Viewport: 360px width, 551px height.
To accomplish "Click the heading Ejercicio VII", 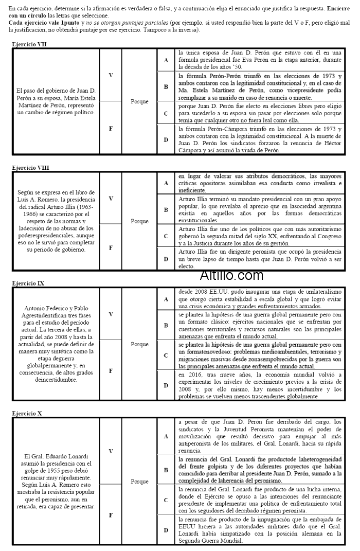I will pos(29,45).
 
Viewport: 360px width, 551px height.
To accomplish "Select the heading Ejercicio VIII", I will pos(30,168).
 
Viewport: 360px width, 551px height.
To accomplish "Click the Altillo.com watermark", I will pos(231,276).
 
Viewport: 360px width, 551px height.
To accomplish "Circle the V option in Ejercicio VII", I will pos(111,75).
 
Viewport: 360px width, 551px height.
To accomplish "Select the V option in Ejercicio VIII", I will pos(111,198).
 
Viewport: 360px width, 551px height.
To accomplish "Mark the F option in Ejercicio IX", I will pos(111,369).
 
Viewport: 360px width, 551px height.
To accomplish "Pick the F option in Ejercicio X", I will pos(111,514).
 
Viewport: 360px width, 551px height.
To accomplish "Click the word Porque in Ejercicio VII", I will pos(139,101).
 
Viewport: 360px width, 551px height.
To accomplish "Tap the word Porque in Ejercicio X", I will pos(139,482).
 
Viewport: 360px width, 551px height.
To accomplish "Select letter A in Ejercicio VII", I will pos(166,61).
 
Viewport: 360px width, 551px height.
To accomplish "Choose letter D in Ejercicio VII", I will pos(166,140).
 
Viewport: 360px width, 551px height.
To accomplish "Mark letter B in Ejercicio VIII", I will pos(166,210).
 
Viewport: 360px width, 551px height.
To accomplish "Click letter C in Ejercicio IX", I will pos(166,355).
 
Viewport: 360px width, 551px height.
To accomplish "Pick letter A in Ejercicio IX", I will pos(166,298).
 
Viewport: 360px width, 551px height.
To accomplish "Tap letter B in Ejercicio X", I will pos(166,470).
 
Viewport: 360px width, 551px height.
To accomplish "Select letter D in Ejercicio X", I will pos(166,530).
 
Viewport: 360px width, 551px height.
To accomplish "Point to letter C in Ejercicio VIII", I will pos(166,236).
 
